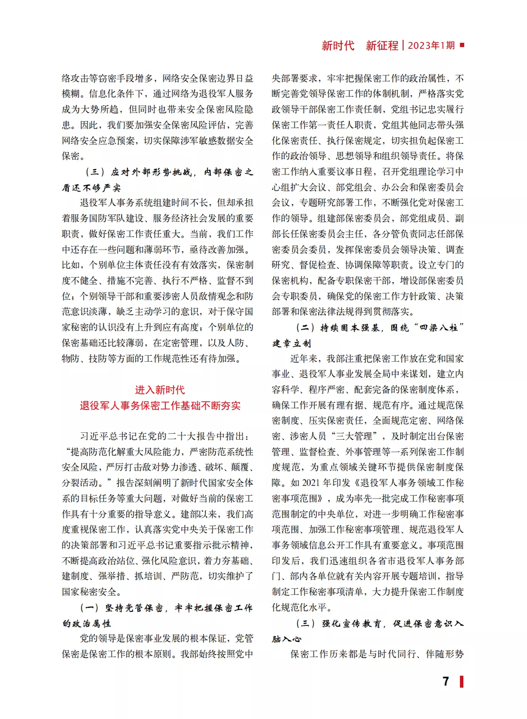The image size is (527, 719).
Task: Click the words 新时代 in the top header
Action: coord(338,45)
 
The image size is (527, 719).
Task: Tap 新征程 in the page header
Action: coord(382,45)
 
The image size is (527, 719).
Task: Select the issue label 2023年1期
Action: coord(431,45)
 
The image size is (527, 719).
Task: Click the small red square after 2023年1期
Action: coord(462,45)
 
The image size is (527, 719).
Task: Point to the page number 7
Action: coord(446,681)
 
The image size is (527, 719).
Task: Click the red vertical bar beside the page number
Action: coord(462,681)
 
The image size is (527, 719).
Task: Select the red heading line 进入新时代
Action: coord(160,390)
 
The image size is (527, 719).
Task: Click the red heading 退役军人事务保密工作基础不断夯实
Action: coord(160,406)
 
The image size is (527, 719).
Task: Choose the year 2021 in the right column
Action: coord(313,483)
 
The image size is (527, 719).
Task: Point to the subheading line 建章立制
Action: coord(291,343)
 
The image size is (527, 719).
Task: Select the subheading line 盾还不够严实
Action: coord(91,188)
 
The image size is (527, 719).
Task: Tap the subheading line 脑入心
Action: coord(286,639)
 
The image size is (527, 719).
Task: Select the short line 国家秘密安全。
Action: coord(92,592)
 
